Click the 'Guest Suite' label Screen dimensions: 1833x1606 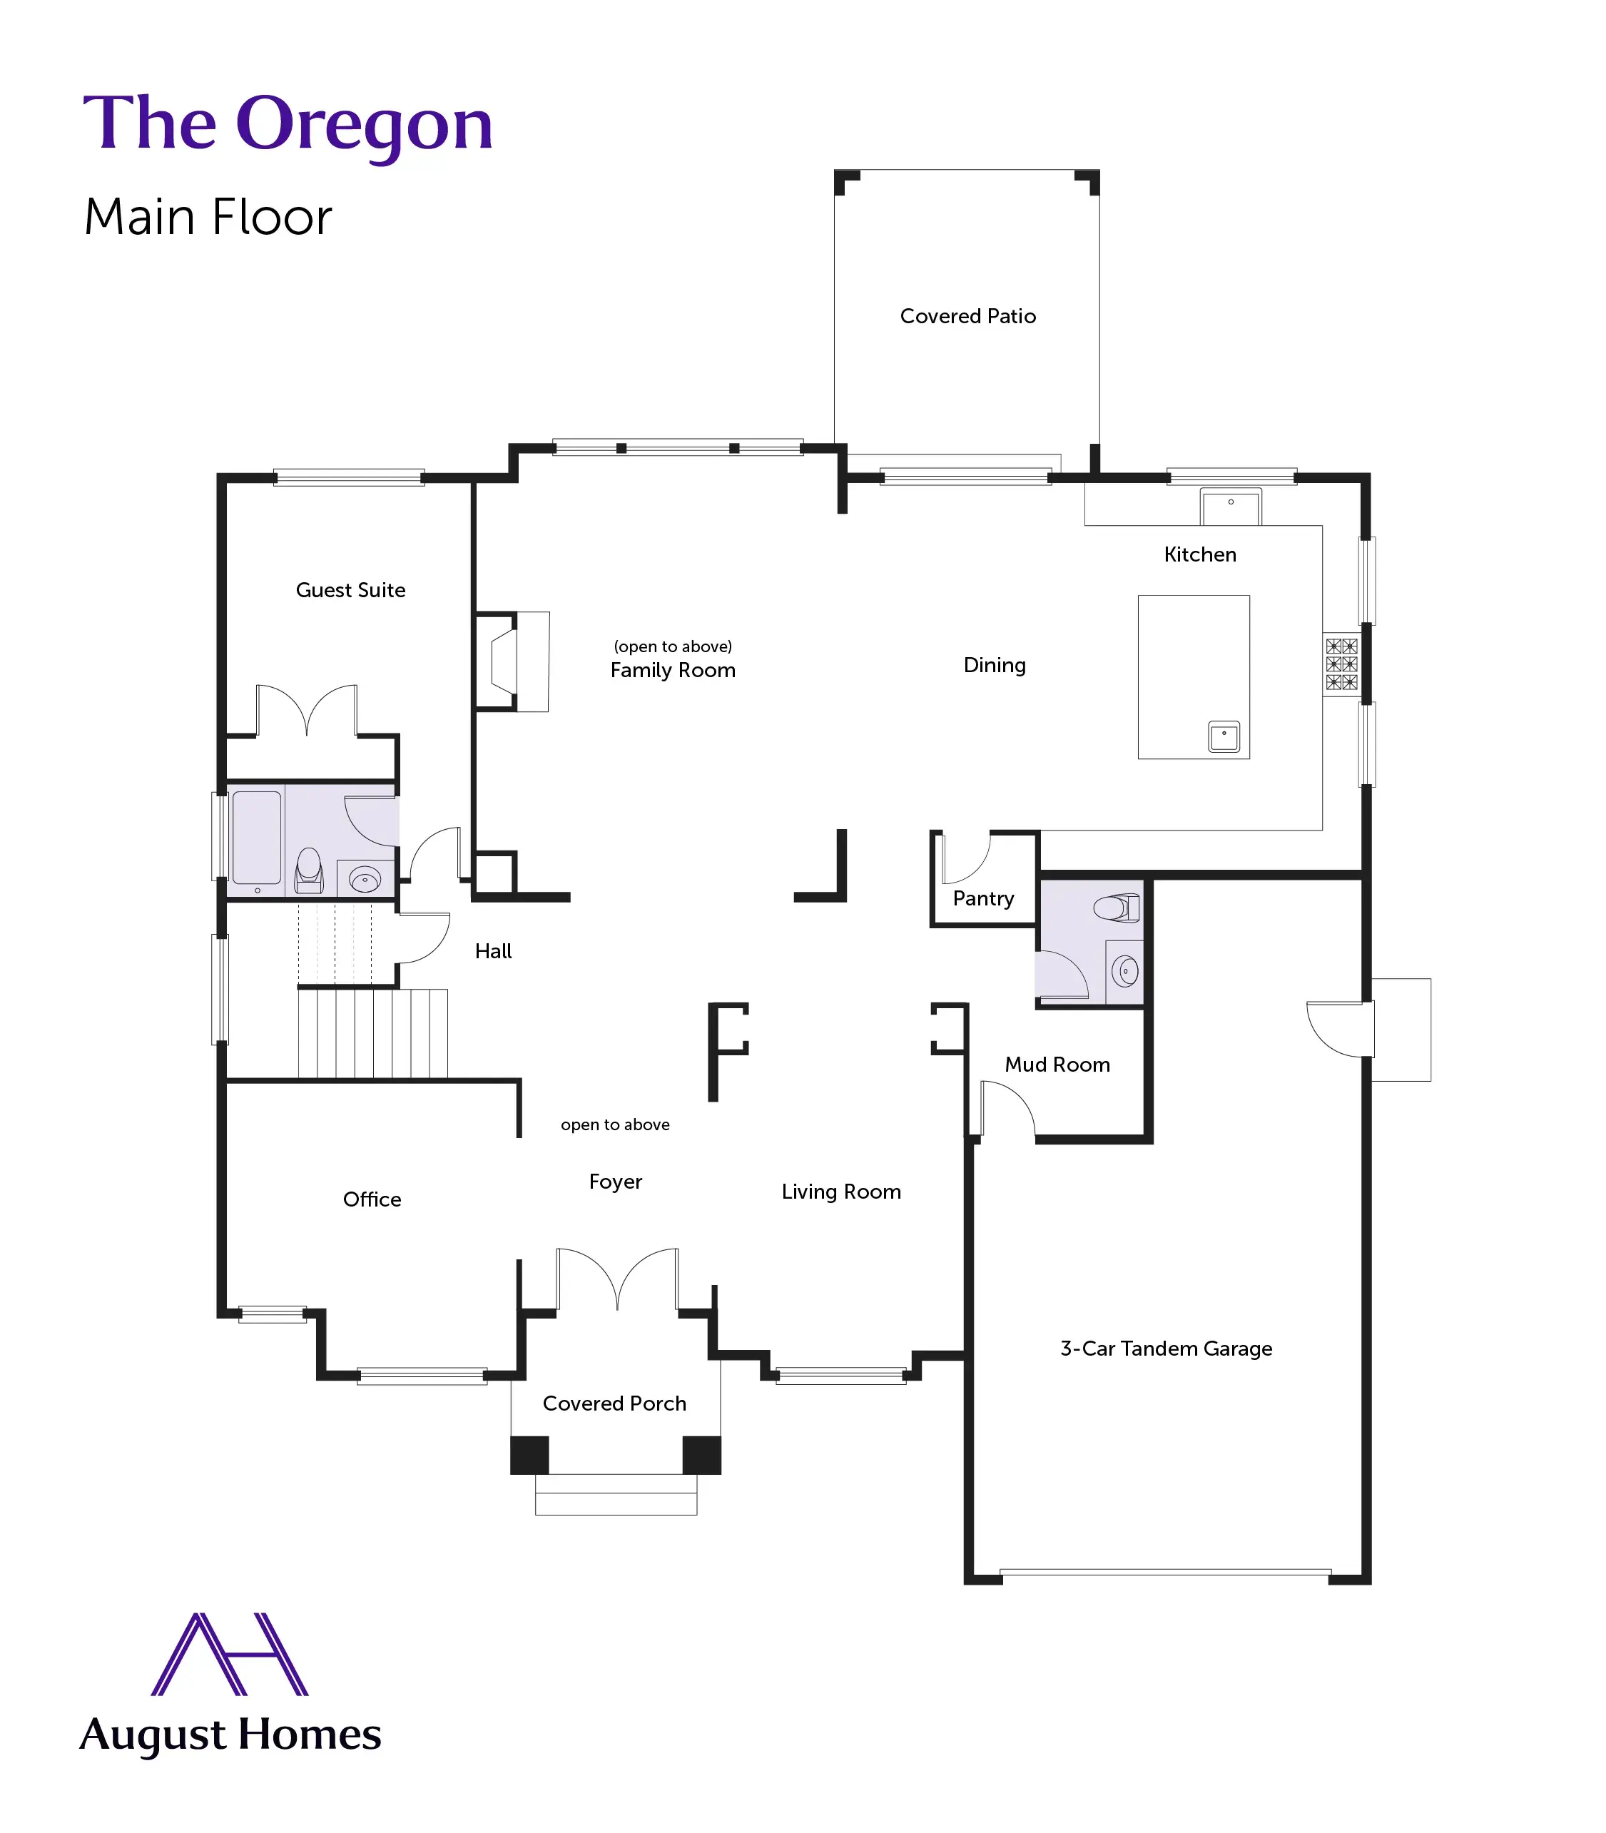pos(350,590)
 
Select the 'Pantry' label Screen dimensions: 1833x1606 pos(983,898)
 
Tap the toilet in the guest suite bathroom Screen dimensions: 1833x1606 pos(309,870)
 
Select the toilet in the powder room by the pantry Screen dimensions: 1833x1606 pos(1117,908)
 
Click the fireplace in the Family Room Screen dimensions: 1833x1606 pos(507,661)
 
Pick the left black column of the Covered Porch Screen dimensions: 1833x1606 pos(529,1455)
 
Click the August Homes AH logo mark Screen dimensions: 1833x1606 pos(230,1654)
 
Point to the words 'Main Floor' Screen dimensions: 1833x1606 pos(208,217)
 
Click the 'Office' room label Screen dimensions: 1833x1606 pos(372,1199)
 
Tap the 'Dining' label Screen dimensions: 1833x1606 pos(994,665)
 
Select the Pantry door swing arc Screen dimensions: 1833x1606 pos(968,858)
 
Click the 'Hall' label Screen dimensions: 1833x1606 pos(493,951)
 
